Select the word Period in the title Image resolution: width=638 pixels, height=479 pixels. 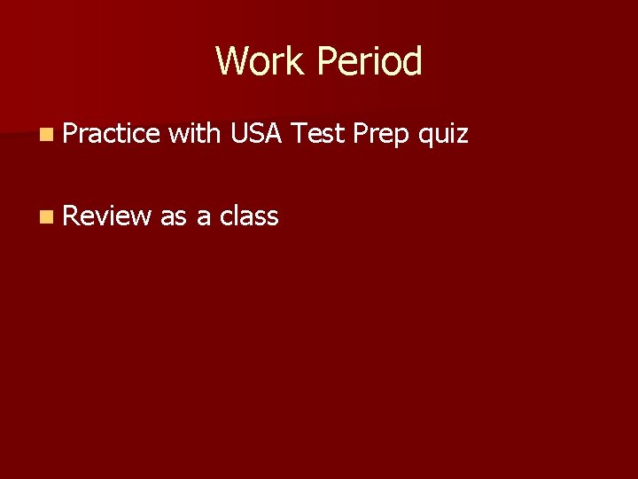[370, 61]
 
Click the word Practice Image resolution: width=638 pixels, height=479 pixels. [111, 134]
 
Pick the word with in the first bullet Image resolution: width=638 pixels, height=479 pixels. [194, 134]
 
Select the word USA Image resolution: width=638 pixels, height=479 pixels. [256, 134]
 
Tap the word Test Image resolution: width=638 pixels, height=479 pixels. [317, 134]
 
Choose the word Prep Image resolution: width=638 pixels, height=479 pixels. [381, 135]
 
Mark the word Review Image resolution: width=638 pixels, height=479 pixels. [106, 216]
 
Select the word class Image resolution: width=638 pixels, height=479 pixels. [249, 216]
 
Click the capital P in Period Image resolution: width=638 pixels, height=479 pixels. [326, 61]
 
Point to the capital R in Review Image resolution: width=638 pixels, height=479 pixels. [71, 216]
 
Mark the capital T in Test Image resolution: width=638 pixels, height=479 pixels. [299, 134]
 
